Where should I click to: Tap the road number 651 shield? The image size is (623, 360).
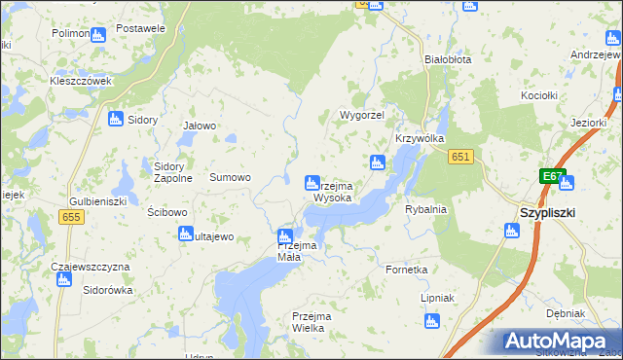[461, 158]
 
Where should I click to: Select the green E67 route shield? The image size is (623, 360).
[553, 176]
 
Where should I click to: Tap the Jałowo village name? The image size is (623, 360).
[200, 126]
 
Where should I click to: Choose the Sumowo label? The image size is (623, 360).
[231, 178]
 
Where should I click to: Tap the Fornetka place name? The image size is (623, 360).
[407, 270]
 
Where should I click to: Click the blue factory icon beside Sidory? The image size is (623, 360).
[116, 119]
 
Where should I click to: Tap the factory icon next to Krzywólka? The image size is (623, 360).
[378, 162]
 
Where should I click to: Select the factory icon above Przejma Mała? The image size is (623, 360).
[285, 235]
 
